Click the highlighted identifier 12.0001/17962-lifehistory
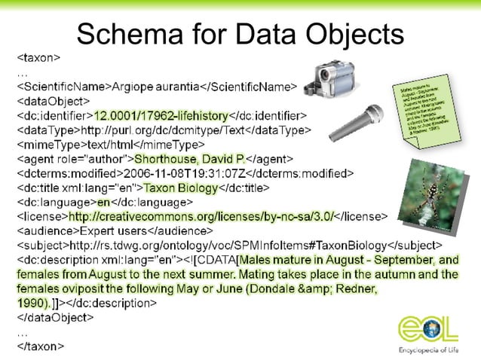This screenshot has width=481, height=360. tap(160, 115)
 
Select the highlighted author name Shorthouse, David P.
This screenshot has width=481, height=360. tap(190, 158)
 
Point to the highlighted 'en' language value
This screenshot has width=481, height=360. tap(103, 202)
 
